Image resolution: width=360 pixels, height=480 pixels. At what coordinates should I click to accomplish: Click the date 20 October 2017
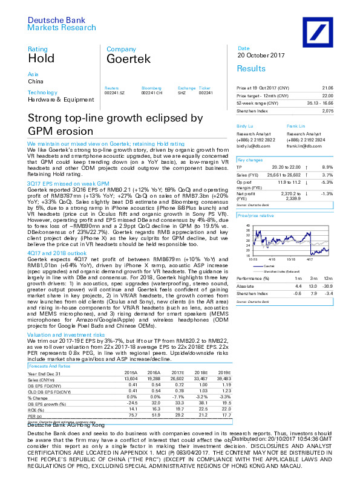(x=261, y=56)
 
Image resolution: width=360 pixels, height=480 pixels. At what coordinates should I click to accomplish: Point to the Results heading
(x=251, y=69)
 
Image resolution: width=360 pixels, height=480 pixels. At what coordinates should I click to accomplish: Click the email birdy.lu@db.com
(x=251, y=146)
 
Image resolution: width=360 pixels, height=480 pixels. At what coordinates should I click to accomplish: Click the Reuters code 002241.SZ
(x=114, y=92)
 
